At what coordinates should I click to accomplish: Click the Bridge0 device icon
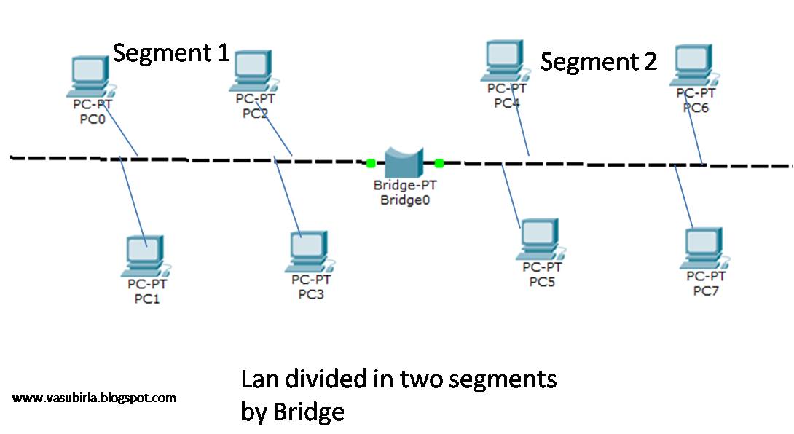pos(405,161)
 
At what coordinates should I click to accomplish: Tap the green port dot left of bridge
pos(371,163)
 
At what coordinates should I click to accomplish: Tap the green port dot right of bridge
pos(439,163)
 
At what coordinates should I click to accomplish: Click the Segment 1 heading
pos(171,52)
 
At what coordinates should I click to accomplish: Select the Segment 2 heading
pos(598,62)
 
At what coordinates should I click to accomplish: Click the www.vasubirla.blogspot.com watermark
pos(95,398)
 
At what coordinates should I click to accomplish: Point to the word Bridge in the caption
pos(308,412)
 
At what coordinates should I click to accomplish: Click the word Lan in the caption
pos(259,379)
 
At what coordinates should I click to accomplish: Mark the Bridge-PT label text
pos(404,185)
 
